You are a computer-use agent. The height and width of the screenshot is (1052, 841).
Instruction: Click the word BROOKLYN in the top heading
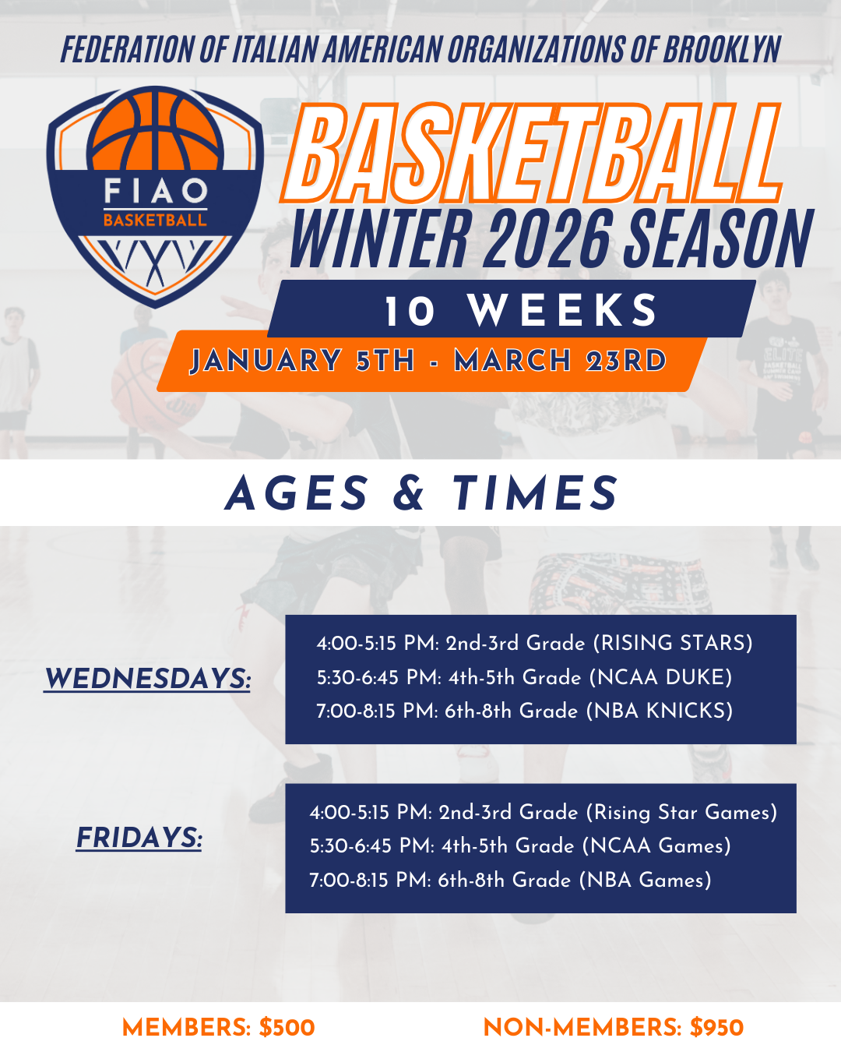(x=721, y=49)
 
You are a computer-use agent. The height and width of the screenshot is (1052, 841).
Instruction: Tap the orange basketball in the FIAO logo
(x=156, y=131)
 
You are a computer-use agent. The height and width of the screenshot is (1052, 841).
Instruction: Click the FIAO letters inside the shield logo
(x=156, y=190)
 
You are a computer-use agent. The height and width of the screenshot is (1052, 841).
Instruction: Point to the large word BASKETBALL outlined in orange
(x=533, y=153)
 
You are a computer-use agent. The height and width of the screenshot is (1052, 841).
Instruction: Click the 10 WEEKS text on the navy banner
(x=521, y=310)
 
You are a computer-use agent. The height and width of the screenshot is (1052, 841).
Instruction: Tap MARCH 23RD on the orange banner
(x=561, y=361)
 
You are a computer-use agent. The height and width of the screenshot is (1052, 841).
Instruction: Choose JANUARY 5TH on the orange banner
(x=302, y=361)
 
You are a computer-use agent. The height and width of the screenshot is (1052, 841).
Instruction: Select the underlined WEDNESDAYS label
(x=147, y=679)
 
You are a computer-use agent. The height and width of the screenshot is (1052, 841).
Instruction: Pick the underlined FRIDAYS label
(x=139, y=838)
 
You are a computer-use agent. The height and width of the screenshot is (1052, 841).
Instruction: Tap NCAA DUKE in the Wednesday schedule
(x=660, y=677)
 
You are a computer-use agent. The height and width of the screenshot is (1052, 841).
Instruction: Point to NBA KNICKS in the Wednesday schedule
(x=660, y=711)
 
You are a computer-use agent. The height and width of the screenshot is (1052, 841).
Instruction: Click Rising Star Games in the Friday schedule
(x=681, y=812)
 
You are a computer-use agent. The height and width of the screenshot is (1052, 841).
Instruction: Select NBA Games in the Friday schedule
(x=645, y=880)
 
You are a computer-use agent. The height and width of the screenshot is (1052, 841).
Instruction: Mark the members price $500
(x=287, y=1028)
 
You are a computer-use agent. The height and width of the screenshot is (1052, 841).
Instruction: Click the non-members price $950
(x=716, y=1028)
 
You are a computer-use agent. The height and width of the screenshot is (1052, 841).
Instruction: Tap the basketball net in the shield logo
(x=156, y=262)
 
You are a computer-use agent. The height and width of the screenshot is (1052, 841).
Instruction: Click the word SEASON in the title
(x=719, y=238)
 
